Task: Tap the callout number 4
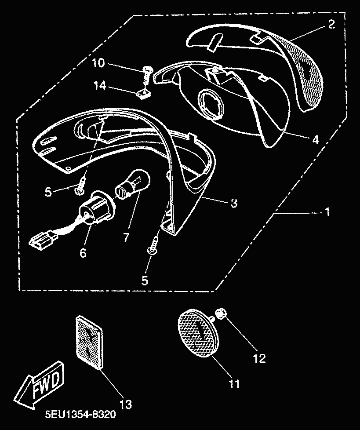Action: [x=316, y=139]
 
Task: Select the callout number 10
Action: [x=98, y=63]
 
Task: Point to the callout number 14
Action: [x=99, y=86]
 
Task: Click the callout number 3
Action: [x=233, y=203]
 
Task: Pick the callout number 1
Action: [x=327, y=212]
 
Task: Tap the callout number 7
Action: [x=126, y=237]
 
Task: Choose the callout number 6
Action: [x=83, y=252]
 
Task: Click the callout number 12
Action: [x=259, y=358]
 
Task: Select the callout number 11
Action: [x=234, y=384]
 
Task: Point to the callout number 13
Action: [x=126, y=404]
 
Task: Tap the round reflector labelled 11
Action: [x=198, y=333]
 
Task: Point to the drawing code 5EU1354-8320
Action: [x=80, y=414]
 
